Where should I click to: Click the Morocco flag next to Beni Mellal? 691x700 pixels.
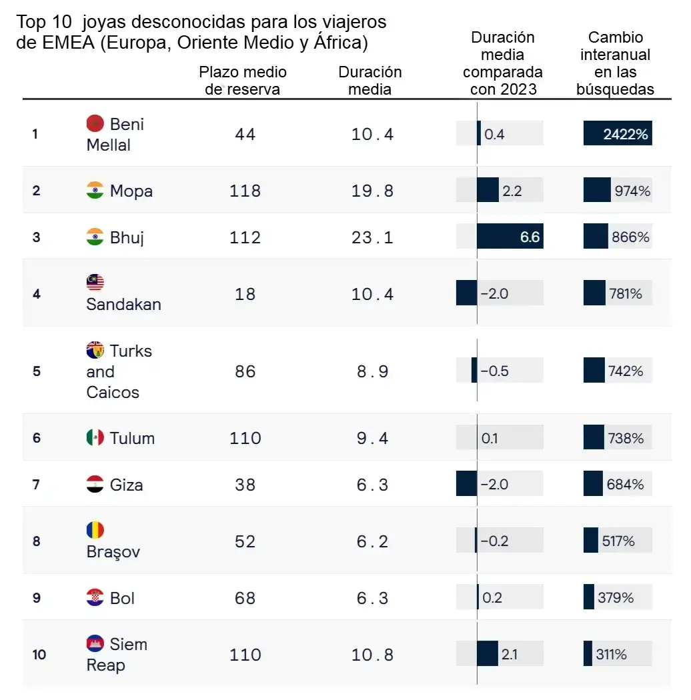tap(95, 123)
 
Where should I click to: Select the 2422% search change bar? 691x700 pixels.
tap(618, 133)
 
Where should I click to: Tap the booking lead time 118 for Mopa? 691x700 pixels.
tap(245, 191)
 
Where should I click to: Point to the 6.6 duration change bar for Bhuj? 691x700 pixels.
tap(510, 236)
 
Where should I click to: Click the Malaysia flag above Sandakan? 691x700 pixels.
tap(95, 282)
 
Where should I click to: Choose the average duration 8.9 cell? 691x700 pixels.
tap(373, 371)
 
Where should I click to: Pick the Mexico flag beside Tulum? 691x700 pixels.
tap(95, 437)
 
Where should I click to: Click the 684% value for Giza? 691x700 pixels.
tap(625, 484)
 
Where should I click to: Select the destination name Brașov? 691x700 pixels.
tap(113, 552)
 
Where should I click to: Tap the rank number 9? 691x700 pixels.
tap(37, 598)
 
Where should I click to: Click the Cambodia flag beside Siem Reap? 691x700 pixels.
tap(95, 643)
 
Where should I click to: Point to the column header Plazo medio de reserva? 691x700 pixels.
tap(243, 81)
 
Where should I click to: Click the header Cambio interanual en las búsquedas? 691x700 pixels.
tap(615, 63)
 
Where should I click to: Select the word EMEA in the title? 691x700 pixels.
tap(68, 43)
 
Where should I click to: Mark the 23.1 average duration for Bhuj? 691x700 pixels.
tap(373, 237)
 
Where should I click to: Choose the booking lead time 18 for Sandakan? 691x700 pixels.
tap(245, 294)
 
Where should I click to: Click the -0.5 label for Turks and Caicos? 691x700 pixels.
tap(494, 371)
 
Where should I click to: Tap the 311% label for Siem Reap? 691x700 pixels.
tap(611, 654)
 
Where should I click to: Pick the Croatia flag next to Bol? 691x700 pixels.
tap(95, 597)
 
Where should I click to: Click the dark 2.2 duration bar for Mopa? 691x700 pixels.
tap(488, 190)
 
